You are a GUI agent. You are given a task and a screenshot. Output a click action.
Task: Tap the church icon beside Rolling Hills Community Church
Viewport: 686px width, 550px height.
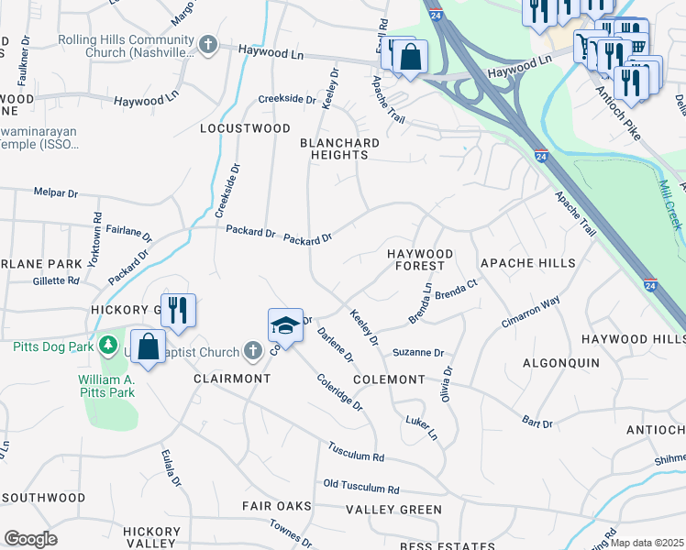point(209,42)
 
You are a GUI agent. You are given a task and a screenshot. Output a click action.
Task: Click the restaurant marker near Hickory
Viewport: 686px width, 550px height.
point(177,310)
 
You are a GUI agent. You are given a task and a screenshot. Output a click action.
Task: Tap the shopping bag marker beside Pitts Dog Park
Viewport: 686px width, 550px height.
point(147,347)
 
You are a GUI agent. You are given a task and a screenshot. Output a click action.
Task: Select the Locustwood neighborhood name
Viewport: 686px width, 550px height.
point(245,129)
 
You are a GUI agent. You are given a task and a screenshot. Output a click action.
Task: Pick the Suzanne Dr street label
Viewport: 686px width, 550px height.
point(418,352)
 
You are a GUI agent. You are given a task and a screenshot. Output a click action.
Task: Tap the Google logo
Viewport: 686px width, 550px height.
point(29,539)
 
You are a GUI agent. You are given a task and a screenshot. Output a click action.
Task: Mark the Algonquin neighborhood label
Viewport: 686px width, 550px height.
point(560,364)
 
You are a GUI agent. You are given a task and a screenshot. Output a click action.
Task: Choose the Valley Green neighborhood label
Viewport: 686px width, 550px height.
point(393,510)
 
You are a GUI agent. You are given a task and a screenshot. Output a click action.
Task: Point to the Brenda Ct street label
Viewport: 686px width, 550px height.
point(457,293)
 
